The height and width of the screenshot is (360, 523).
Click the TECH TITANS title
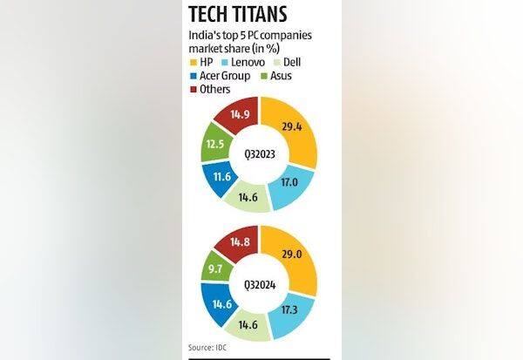click(248, 16)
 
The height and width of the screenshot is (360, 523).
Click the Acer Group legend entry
click(219, 76)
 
